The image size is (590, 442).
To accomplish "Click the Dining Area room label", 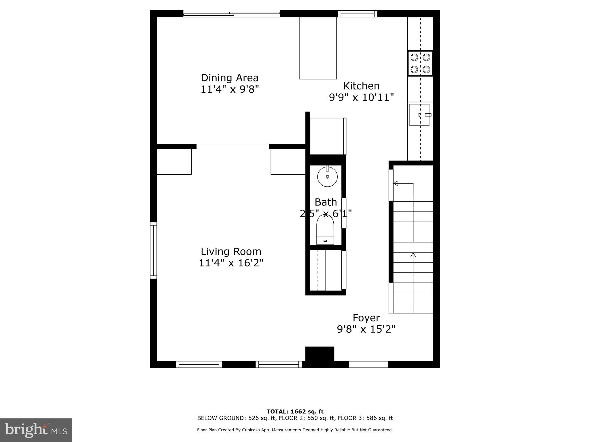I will coord(230,78).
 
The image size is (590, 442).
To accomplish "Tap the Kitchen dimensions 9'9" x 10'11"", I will coord(361,97).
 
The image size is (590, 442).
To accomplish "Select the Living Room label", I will coord(231,252).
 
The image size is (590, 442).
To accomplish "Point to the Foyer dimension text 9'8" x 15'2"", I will coord(366,329).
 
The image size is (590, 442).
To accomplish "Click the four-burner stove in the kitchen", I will coord(420,63).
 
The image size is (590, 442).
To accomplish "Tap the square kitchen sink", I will coord(419,115).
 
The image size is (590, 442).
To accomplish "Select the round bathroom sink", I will coord(328,177).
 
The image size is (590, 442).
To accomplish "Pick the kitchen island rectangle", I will coord(318,48).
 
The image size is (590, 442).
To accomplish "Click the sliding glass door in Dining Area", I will coord(232,14).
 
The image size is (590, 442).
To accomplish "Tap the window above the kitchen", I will coord(357,14).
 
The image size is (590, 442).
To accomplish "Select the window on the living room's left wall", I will coord(154,250).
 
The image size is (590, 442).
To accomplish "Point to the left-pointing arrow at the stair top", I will coord(396,183).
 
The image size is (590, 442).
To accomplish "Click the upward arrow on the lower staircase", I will coord(413,255).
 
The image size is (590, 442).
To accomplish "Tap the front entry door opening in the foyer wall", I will coord(368,364).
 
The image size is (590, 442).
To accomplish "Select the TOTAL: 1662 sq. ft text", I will coord(295,411).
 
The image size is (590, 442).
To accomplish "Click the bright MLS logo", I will coord(36,430).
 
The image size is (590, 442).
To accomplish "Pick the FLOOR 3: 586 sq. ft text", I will coord(365,418).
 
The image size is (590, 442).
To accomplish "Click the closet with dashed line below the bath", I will coord(326,270).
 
